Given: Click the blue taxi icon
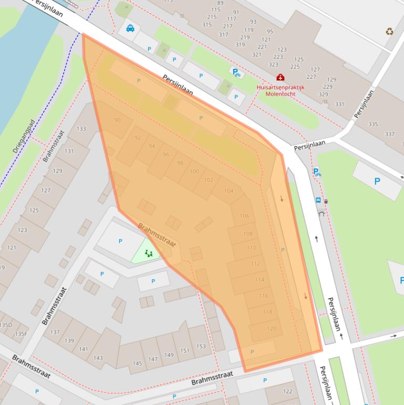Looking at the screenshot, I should click(130, 28).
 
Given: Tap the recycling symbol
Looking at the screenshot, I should click(389, 31).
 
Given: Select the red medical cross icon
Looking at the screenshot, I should click(280, 77).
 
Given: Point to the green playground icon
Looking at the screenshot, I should click(149, 253).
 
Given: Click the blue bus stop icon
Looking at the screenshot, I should click(318, 200).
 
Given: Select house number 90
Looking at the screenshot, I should click(117, 120).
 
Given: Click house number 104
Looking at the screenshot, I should click(229, 191).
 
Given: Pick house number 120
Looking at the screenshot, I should click(272, 329).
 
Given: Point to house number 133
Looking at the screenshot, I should click(81, 129).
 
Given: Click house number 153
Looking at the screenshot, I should click(201, 347).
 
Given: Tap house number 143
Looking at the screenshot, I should click(98, 358).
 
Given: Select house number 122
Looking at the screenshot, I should click(287, 391).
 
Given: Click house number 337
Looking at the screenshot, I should click(390, 134).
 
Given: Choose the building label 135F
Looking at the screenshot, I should click(21, 334).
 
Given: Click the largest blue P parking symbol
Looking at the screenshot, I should click(377, 181).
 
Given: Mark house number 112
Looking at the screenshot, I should click(255, 264).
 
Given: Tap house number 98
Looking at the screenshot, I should click(180, 163).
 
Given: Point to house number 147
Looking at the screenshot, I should click(153, 359).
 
